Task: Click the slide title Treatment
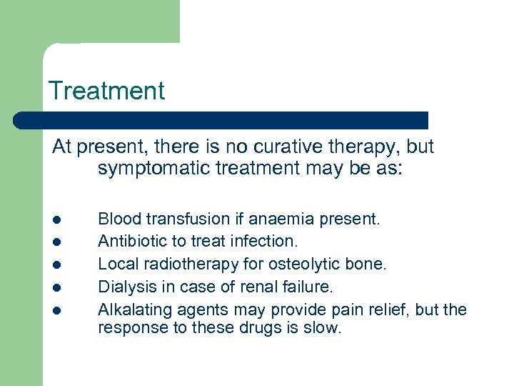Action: pos(106,91)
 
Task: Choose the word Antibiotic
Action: pos(129,242)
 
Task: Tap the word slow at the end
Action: pos(324,328)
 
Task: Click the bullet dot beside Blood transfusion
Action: pos(56,219)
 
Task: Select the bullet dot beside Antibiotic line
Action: pos(56,242)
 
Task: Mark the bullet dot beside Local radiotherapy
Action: pos(56,265)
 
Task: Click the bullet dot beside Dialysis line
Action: pos(56,287)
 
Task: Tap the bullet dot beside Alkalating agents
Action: pos(56,310)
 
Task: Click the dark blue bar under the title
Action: pos(221,120)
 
